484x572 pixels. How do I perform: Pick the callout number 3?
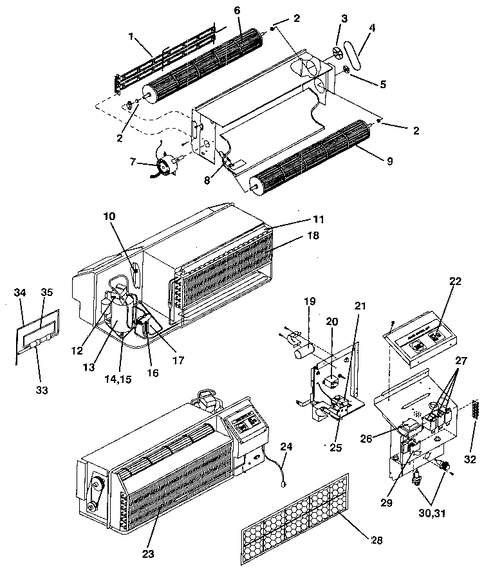pyautogui.click(x=344, y=20)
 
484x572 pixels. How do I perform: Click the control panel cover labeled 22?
pyautogui.click(x=422, y=340)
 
